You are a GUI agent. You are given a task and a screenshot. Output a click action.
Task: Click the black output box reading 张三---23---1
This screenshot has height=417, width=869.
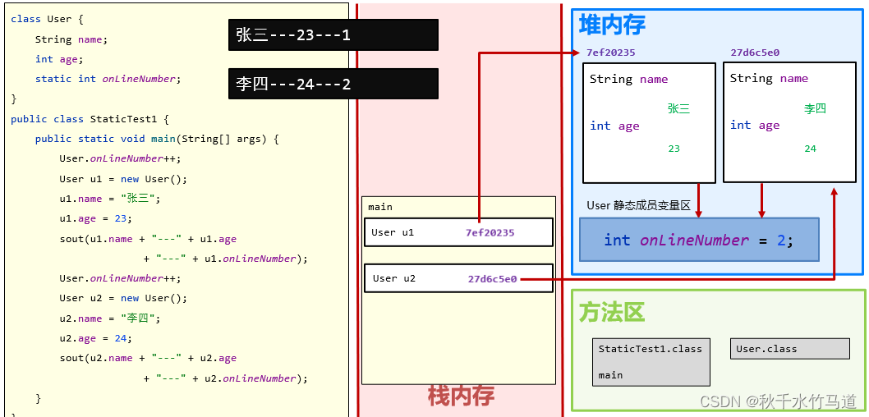pos(333,34)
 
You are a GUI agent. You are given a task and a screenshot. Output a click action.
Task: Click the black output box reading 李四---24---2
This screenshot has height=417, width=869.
pos(333,84)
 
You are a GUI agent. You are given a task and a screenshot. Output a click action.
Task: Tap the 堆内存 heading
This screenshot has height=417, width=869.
pos(612,25)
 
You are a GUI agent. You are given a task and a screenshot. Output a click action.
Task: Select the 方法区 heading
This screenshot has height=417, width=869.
pos(612,312)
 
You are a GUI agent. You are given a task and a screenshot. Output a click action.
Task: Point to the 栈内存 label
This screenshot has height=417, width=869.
pos(461,396)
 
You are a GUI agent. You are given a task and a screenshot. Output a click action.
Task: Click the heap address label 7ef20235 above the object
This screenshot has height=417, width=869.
pos(610,53)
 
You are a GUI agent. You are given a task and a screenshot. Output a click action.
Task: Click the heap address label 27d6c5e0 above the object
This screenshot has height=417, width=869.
pos(755,53)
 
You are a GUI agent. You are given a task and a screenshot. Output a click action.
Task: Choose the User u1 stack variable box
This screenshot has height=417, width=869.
pos(458,232)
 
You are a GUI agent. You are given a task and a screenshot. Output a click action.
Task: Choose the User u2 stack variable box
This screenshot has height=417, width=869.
pos(458,278)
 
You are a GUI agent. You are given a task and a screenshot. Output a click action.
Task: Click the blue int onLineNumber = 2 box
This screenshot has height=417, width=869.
pos(699,240)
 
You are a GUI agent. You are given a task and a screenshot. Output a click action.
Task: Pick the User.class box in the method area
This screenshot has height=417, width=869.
pos(789,349)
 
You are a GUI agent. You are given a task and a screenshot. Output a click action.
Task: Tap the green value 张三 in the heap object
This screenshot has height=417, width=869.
pos(678,108)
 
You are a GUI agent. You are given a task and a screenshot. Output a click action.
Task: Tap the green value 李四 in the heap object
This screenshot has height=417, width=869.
pos(815,108)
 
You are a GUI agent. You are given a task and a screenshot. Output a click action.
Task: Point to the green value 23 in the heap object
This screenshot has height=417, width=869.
pos(674,149)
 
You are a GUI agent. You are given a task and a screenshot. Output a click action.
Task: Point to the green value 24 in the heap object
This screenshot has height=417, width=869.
pos(810,149)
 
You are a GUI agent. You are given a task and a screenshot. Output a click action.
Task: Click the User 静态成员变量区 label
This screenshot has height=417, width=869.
pos(639,205)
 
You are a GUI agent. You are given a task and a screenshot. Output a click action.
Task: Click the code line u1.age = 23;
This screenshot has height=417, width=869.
pos(95,218)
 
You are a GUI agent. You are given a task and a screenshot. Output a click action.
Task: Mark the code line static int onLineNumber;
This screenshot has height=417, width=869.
pos(107,79)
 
